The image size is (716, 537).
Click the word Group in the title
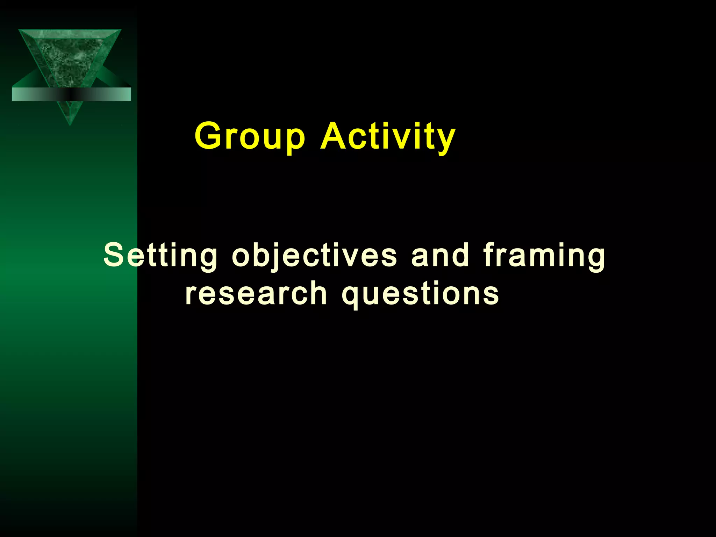point(250,136)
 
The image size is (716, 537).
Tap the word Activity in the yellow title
point(388,136)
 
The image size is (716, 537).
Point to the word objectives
point(314,256)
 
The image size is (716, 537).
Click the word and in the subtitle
point(440,256)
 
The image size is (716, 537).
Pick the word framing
point(544,256)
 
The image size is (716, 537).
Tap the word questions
point(420,294)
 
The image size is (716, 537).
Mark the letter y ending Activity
point(446,140)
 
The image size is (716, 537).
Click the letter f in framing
point(489,254)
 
